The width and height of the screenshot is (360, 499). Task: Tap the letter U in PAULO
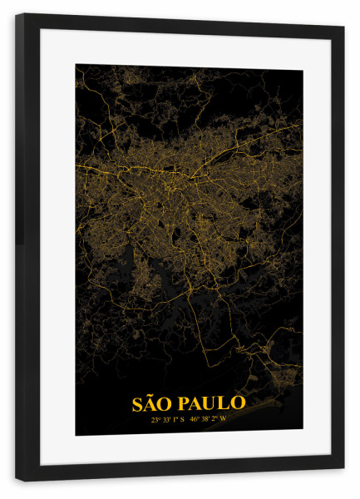tap(211, 403)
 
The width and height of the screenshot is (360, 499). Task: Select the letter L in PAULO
tap(224, 403)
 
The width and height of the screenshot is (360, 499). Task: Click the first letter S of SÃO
tap(138, 403)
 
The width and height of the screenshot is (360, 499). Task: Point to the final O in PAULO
tap(238, 403)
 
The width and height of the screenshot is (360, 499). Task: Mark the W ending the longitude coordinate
tap(223, 420)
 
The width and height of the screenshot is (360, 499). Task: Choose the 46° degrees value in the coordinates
tap(195, 420)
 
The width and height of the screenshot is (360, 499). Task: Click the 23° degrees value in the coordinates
tap(155, 420)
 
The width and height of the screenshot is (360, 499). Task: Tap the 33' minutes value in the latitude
tap(165, 420)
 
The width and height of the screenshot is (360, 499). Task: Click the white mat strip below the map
tap(187, 449)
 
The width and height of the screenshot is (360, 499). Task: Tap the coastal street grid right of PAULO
tap(279, 391)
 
